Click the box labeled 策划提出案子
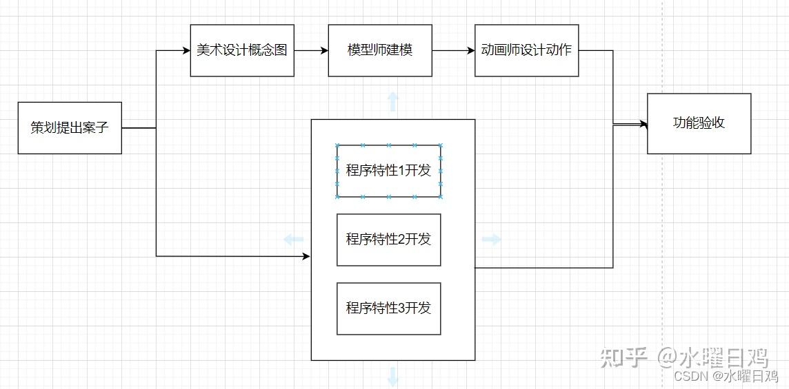(70, 127)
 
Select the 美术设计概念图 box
(242, 50)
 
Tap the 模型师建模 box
(380, 50)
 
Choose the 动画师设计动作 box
(526, 50)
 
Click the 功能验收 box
(699, 123)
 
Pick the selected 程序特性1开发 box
(388, 171)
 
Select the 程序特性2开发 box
(388, 240)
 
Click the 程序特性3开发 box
(388, 308)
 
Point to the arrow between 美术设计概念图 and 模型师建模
(311, 50)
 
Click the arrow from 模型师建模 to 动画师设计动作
(453, 50)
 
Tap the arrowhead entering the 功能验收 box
(643, 125)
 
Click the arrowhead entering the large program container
(307, 256)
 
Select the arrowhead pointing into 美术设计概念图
(186, 50)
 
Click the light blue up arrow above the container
(393, 101)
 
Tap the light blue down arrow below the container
(393, 376)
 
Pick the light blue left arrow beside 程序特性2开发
(294, 240)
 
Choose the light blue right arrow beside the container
(491, 240)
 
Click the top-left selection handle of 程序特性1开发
(337, 145)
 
